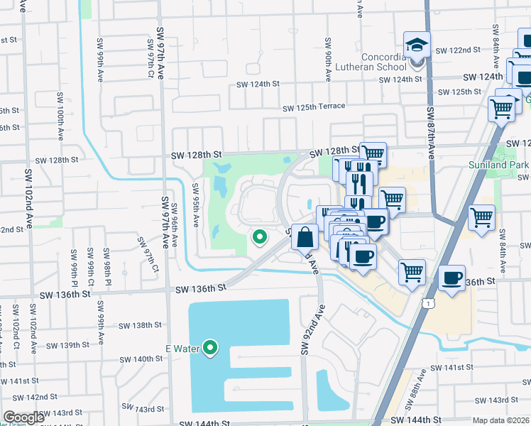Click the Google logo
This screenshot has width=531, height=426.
click(x=23, y=417)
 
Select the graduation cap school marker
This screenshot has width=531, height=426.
click(x=417, y=46)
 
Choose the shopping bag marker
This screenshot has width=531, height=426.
click(x=305, y=237)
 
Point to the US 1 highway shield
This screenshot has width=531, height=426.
click(x=427, y=303)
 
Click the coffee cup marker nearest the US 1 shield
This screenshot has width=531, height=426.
click(x=451, y=278)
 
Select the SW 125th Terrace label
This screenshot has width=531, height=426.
click(x=313, y=107)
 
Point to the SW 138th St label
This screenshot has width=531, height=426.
click(x=141, y=325)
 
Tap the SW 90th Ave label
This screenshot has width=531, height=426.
click(x=329, y=58)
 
